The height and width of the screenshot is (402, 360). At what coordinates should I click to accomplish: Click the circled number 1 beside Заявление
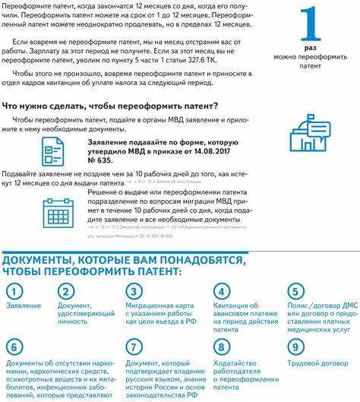[13, 291]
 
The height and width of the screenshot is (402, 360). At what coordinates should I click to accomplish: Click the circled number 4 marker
[221, 291]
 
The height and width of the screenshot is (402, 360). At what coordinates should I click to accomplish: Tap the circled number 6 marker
[13, 347]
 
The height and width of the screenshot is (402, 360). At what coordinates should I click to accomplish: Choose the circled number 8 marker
[221, 347]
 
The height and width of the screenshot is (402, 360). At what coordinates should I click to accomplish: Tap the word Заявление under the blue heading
[23, 305]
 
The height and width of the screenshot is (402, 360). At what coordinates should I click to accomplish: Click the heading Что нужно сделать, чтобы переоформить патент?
[111, 105]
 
